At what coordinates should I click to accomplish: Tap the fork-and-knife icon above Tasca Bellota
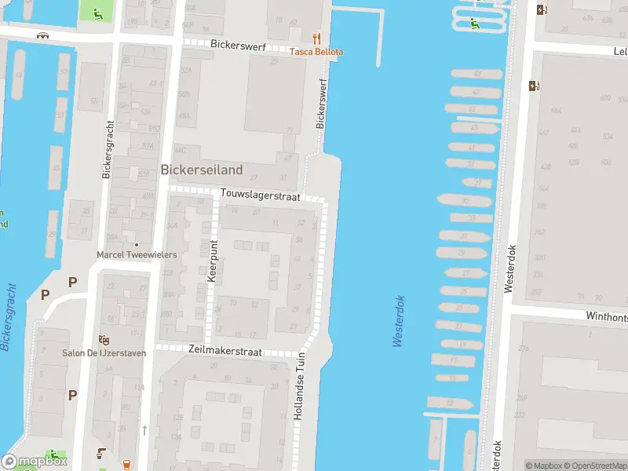[317, 38]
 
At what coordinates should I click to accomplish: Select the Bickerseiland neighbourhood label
[202, 169]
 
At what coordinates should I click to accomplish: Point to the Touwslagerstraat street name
[261, 197]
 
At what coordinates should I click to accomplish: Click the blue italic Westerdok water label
[398, 320]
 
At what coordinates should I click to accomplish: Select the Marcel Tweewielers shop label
[137, 255]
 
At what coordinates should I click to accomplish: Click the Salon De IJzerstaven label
[104, 353]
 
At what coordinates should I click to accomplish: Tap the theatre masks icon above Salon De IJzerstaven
[104, 340]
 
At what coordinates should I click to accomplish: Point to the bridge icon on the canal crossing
[44, 35]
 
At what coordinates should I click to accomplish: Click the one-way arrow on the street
[144, 429]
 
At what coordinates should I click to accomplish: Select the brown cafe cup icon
[102, 451]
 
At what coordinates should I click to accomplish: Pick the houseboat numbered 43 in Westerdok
[473, 127]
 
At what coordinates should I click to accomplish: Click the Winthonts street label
[606, 316]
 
